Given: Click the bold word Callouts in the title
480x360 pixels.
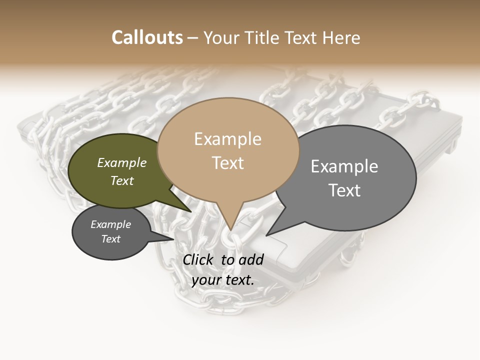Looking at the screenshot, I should (147, 37).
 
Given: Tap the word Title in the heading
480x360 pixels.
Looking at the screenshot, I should (264, 37).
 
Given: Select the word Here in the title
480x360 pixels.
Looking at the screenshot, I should (340, 37).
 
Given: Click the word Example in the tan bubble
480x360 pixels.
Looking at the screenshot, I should (227, 139).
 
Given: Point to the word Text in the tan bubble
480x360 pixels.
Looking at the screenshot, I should (227, 163).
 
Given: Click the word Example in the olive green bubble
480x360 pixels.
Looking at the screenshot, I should (122, 162).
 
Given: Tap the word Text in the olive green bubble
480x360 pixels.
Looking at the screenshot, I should (122, 180).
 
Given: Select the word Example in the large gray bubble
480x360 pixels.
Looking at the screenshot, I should (344, 166).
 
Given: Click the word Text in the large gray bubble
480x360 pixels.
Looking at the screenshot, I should (344, 190).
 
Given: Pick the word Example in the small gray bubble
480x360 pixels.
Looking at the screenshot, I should (110, 224).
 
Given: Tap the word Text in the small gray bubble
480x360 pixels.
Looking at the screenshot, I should (110, 239).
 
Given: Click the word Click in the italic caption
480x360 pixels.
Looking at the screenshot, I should (198, 259).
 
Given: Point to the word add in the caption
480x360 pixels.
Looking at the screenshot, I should (251, 259).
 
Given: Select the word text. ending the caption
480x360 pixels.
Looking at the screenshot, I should (239, 280).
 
